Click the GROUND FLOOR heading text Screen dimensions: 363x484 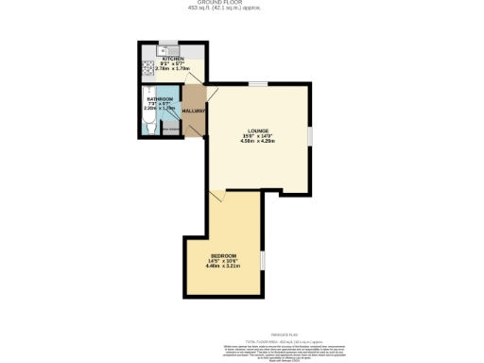(241, 3)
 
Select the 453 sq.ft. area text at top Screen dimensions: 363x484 (241, 9)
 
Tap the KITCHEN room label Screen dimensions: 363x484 (172, 59)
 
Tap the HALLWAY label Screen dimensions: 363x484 (194, 112)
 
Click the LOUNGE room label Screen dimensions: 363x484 (258, 130)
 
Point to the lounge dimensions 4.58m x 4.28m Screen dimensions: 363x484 (258, 141)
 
